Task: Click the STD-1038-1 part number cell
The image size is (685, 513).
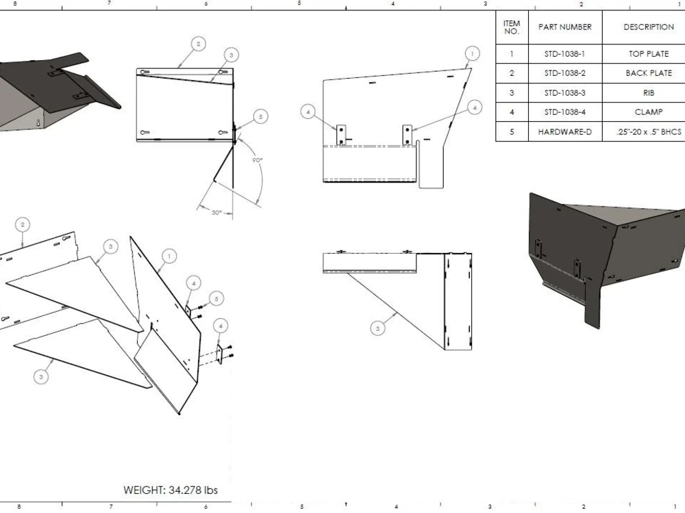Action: coord(564,53)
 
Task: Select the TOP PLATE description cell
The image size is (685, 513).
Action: coord(648,53)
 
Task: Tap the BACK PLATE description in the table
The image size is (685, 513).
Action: coord(648,73)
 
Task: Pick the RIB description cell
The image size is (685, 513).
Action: coord(648,92)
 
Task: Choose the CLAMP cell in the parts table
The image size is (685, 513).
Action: coord(648,112)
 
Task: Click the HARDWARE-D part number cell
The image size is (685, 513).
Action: coord(564,131)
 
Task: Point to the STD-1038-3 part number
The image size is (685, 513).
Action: coord(564,92)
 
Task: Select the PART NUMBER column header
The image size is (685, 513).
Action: coord(564,27)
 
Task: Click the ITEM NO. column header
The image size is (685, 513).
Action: coord(512,27)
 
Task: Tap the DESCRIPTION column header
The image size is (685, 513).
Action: coord(648,27)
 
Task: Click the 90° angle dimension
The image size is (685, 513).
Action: coord(257,160)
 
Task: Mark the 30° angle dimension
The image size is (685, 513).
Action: coord(216,213)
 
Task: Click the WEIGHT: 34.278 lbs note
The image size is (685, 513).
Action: coord(171,490)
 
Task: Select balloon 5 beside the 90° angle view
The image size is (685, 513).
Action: coord(260,117)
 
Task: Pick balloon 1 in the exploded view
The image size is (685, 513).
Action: coord(169,256)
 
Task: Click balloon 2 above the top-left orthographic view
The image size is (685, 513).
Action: coord(198,44)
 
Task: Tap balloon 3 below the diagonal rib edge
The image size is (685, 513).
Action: coord(378,329)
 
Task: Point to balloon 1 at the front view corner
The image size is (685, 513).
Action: coord(471,53)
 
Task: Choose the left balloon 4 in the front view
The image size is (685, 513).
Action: coord(308,111)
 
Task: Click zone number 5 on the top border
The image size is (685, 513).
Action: coord(299,3)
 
